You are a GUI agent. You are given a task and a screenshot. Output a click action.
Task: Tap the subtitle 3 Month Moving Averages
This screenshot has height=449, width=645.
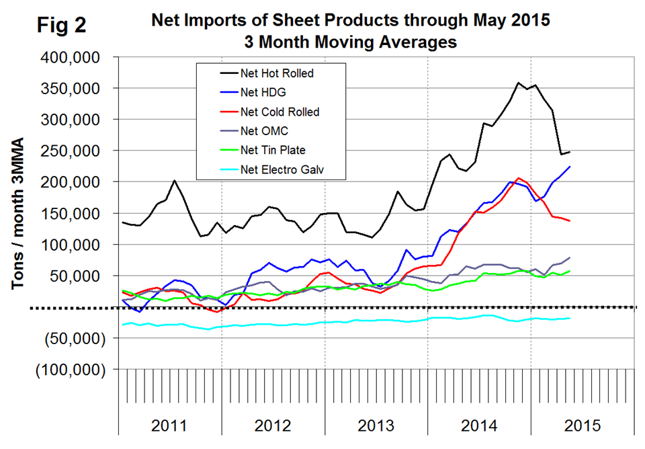point(350,42)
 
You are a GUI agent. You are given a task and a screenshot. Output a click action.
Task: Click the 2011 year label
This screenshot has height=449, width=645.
point(170,425)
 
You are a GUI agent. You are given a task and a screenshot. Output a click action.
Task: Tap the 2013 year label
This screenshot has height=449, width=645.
point(376,425)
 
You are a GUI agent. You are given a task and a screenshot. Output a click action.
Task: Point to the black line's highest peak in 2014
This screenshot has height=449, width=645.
point(519,83)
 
